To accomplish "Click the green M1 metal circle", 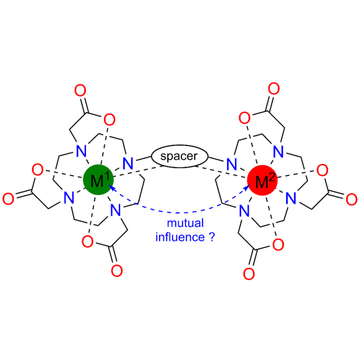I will coord(97,179).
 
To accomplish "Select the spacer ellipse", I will coord(180,157).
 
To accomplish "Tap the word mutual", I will coord(181,224).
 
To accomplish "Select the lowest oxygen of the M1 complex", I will coord(115,272).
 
